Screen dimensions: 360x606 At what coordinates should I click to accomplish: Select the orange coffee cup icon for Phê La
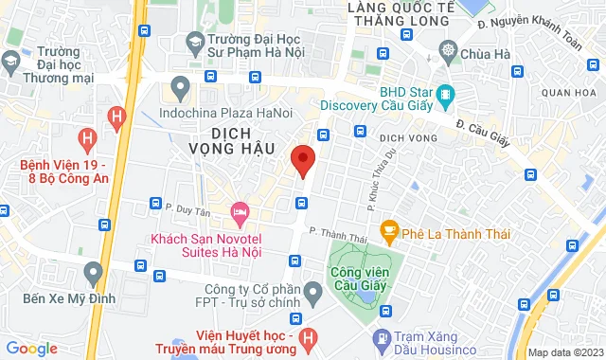pyautogui.click(x=388, y=228)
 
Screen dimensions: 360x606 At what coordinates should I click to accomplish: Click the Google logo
pyautogui.click(x=30, y=349)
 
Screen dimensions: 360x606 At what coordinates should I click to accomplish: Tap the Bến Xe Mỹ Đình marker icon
pyautogui.click(x=92, y=274)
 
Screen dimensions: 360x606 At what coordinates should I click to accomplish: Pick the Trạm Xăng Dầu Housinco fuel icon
pyautogui.click(x=382, y=337)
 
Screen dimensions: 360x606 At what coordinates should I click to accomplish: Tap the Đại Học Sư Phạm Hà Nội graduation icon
pyautogui.click(x=194, y=42)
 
